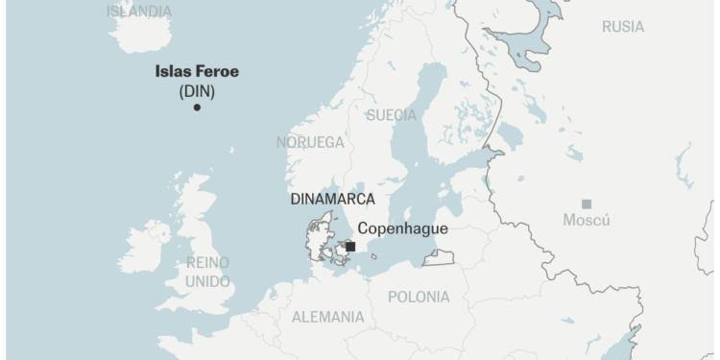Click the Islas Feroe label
point(197,71)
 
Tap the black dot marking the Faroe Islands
point(197,107)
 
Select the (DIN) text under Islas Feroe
point(197,91)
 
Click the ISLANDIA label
point(139,12)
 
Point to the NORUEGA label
point(310,142)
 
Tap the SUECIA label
point(392,115)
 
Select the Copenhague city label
point(402,228)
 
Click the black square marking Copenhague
point(350,247)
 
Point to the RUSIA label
point(623,27)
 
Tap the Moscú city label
point(586,221)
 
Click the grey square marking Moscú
point(587,204)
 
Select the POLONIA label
point(419,297)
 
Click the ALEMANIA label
point(327,316)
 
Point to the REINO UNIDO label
point(208,272)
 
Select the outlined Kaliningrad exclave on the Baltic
point(439,257)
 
